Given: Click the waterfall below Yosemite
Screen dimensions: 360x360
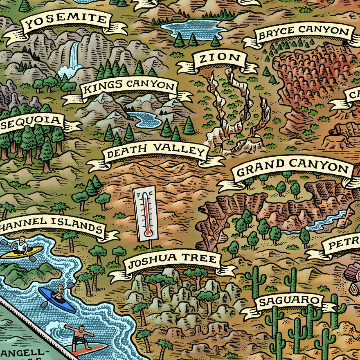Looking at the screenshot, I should tap(73, 57).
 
